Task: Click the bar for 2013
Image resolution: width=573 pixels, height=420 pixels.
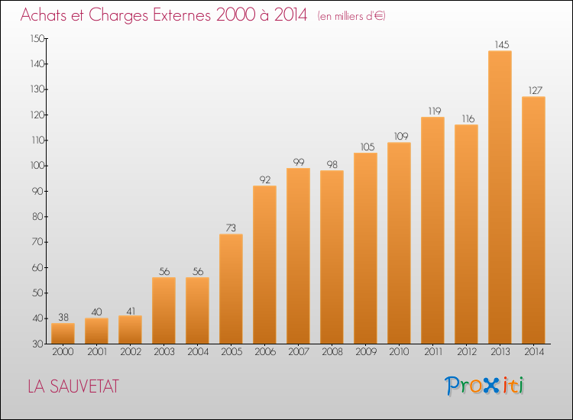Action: tap(500, 197)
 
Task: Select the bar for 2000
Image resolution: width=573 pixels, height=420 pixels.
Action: tap(63, 334)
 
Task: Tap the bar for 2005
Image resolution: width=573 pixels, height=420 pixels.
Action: tap(231, 289)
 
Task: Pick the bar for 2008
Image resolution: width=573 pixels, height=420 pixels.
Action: tap(332, 257)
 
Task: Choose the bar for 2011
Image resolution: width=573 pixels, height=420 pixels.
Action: tap(432, 231)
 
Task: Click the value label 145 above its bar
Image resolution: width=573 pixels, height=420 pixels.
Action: tap(502, 44)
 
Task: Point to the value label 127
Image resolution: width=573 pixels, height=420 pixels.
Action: tap(536, 90)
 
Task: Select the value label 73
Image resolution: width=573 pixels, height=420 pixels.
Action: tap(231, 228)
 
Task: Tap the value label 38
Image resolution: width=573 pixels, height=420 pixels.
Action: tap(63, 317)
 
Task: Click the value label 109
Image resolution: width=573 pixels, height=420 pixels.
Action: tap(401, 136)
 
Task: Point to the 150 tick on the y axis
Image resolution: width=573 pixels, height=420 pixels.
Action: tap(37, 38)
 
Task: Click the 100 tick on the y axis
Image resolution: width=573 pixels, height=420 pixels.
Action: tap(37, 166)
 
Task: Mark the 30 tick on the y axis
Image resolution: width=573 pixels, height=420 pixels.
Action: tap(38, 344)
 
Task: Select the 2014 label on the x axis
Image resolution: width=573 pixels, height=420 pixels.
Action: tap(534, 352)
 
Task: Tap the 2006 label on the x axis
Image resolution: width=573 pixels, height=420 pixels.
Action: tap(265, 352)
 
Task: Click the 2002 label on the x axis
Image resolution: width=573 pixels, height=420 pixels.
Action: tap(131, 352)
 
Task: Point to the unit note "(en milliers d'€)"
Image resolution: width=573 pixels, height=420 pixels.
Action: tap(351, 16)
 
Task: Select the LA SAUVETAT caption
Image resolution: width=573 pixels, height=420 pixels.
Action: tap(73, 386)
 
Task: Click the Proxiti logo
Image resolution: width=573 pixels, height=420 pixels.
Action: tap(484, 386)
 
